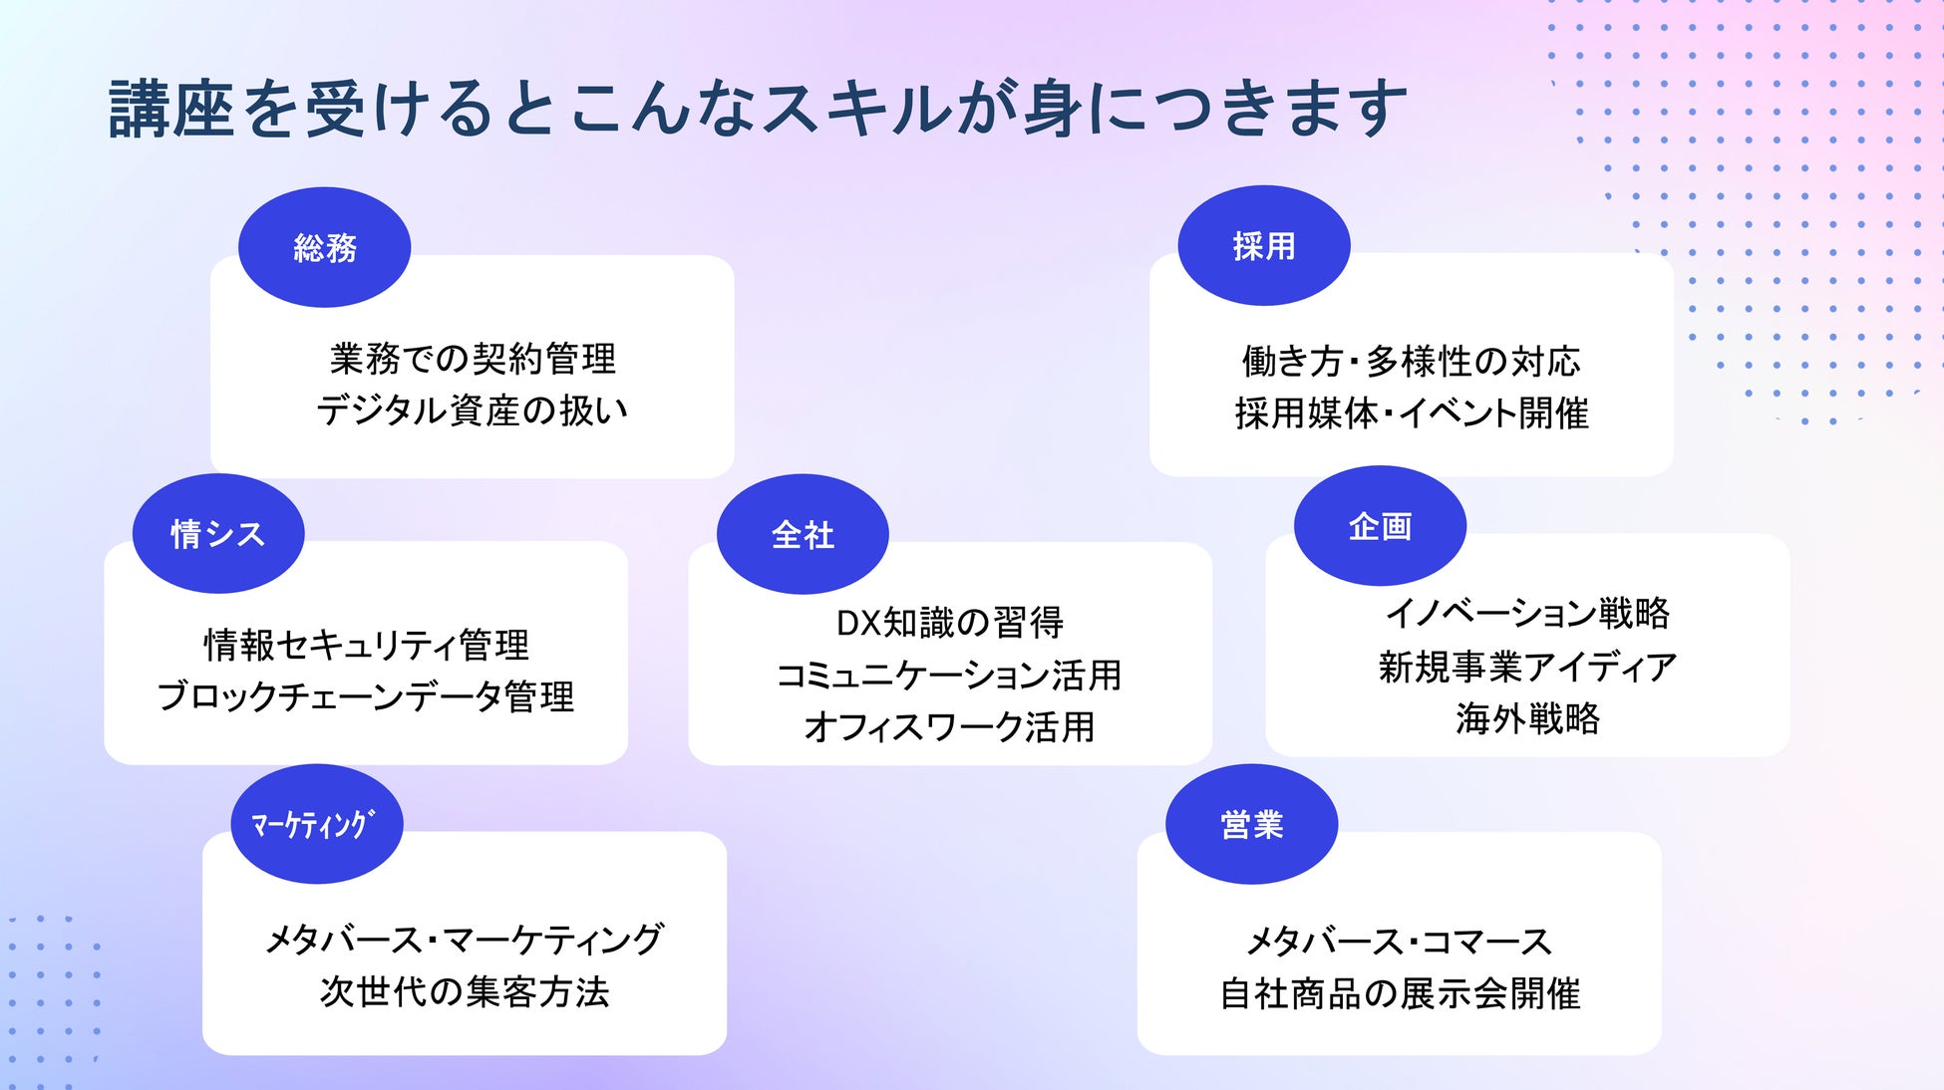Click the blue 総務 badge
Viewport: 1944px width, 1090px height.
click(x=324, y=247)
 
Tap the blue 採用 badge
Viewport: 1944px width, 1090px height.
click(x=1263, y=245)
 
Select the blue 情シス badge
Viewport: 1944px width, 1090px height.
click(x=217, y=534)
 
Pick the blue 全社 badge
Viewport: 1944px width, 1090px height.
click(x=803, y=534)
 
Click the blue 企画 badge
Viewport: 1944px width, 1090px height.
click(x=1380, y=526)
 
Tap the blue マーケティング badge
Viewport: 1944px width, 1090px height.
click(x=316, y=824)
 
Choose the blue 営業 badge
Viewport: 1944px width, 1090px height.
click(x=1251, y=824)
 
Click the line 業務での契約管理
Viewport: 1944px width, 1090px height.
click(x=473, y=359)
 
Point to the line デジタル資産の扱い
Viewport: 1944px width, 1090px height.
click(x=473, y=410)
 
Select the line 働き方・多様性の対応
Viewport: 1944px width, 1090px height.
click(x=1411, y=361)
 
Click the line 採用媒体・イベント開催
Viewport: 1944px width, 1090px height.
click(x=1411, y=412)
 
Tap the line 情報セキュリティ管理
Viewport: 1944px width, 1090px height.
click(x=366, y=645)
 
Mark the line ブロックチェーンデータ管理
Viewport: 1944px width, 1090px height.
click(x=366, y=696)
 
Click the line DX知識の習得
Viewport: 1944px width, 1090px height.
click(x=950, y=623)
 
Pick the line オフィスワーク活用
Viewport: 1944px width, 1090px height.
click(x=950, y=726)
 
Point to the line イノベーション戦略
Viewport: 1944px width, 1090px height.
click(x=1527, y=613)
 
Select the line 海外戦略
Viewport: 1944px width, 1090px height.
click(x=1527, y=717)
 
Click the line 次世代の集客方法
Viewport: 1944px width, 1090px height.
click(x=465, y=991)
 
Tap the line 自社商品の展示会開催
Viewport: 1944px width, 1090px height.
click(x=1400, y=993)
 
